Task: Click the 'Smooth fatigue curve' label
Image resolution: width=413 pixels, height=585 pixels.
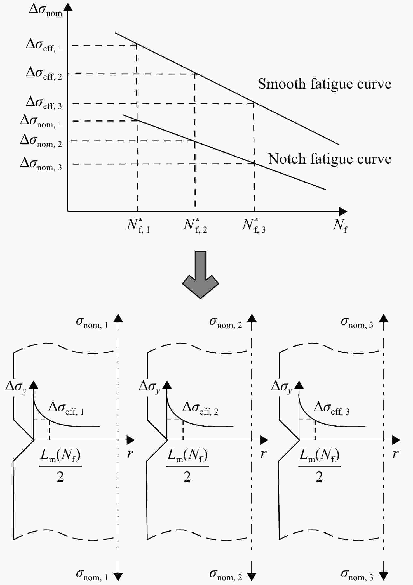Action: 325,84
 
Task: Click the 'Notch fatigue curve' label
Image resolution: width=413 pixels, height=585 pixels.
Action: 330,159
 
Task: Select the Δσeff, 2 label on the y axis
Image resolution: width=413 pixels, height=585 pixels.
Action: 44,74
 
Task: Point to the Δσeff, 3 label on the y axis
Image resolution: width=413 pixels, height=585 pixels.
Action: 44,103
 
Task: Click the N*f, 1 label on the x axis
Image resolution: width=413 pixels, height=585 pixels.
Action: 138,225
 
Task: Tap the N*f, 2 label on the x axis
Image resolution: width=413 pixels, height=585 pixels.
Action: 195,225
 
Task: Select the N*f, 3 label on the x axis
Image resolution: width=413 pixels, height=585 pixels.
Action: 254,225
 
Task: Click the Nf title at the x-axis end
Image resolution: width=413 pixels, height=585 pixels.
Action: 340,225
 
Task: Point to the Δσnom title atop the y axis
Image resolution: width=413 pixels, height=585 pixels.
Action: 46,10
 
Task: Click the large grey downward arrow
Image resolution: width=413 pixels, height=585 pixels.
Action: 201,275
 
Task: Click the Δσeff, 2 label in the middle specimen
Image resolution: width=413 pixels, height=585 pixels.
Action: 200,408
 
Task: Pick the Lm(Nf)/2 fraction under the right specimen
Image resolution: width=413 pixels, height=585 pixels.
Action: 319,465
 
